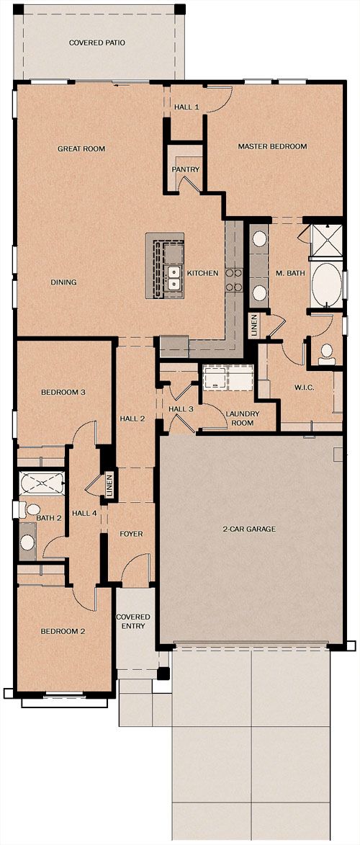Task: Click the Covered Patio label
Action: (x=97, y=42)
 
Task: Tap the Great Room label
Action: (x=81, y=148)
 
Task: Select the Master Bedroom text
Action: (x=272, y=146)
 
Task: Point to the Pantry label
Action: (x=185, y=169)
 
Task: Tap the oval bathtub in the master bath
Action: (x=326, y=285)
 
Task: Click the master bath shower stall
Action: (x=326, y=241)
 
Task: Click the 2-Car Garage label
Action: (x=249, y=529)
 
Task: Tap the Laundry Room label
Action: (x=243, y=419)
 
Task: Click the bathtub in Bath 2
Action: (x=42, y=482)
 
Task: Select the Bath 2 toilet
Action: (x=30, y=509)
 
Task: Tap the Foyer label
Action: (x=131, y=534)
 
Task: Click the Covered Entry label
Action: (x=134, y=622)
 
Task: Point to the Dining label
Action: (x=63, y=282)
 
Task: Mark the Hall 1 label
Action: (x=187, y=107)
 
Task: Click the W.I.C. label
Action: (x=302, y=387)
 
